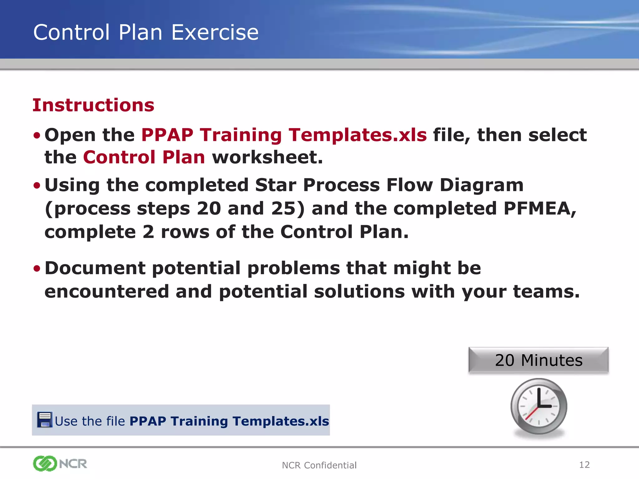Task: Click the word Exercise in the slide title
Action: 215,32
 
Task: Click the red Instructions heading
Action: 93,105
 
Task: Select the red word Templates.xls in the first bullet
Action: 358,135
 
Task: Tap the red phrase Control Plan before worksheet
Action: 144,157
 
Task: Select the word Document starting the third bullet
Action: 95,268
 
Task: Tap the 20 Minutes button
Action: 539,360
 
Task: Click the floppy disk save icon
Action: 45,419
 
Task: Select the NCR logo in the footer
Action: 60,464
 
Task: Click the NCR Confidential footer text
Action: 319,465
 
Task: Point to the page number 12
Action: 584,465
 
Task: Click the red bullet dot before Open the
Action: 37,136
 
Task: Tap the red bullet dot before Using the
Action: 37,186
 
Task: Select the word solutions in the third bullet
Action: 359,292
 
